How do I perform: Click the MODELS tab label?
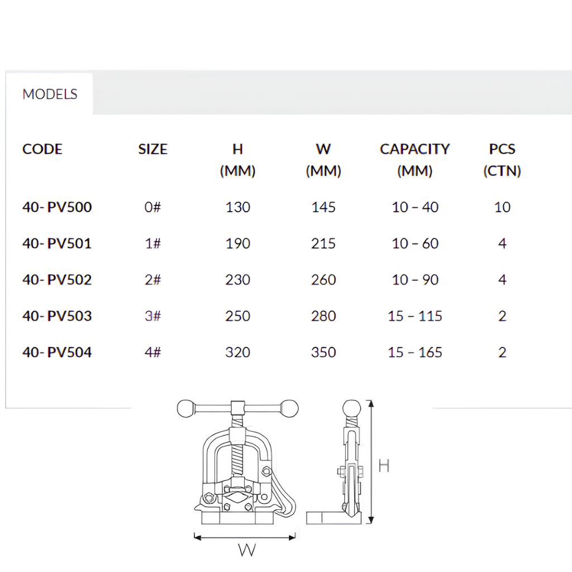50,94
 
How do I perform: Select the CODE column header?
42,149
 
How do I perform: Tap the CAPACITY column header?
415,149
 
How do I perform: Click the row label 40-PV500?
57,207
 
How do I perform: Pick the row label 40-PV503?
57,316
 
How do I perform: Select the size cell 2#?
153,280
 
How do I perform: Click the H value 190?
237,244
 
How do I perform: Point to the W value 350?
323,352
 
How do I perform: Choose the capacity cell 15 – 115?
415,316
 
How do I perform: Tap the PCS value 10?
502,207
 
